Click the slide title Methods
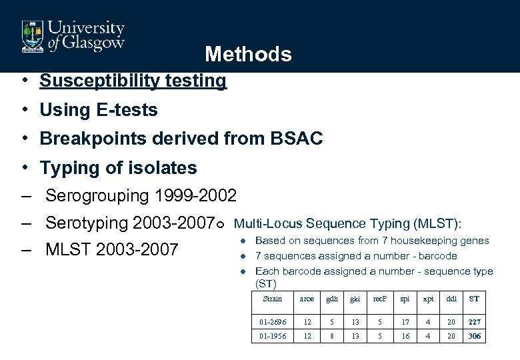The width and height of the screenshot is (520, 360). tap(248, 54)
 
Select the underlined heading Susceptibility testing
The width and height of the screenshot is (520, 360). tap(133, 81)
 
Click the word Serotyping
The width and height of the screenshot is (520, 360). tap(87, 223)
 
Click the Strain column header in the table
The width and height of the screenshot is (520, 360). tap(273, 299)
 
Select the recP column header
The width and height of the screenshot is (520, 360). tap(380, 299)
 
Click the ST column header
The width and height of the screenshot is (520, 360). tap(474, 299)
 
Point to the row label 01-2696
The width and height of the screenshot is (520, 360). tap(273, 322)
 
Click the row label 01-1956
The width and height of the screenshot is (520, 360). tap(273, 336)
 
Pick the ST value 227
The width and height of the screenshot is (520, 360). tap(474, 322)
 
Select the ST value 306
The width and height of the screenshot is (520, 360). tap(474, 336)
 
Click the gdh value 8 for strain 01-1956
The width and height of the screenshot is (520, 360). tap(331, 336)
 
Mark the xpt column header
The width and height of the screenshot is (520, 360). tap(429, 299)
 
